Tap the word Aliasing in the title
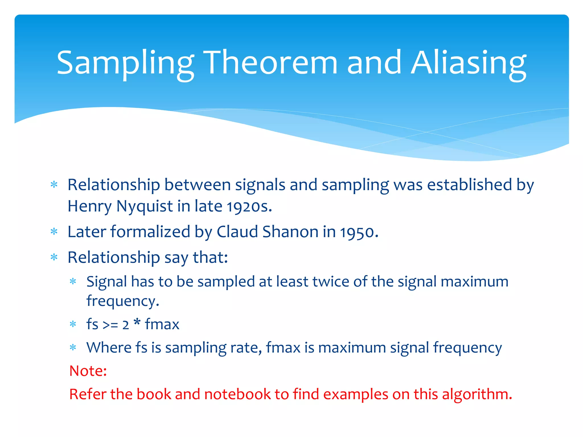click(468, 63)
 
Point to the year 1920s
click(249, 207)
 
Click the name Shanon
click(290, 232)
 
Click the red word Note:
click(88, 371)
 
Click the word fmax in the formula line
click(162, 324)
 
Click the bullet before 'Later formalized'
click(54, 232)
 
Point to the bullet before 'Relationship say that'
click(54, 257)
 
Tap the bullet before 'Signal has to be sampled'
click(73, 282)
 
